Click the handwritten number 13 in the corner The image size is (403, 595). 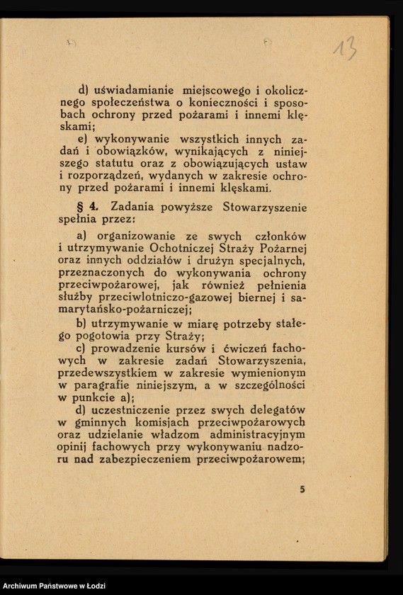point(345,48)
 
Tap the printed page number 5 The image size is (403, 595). point(302,489)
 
